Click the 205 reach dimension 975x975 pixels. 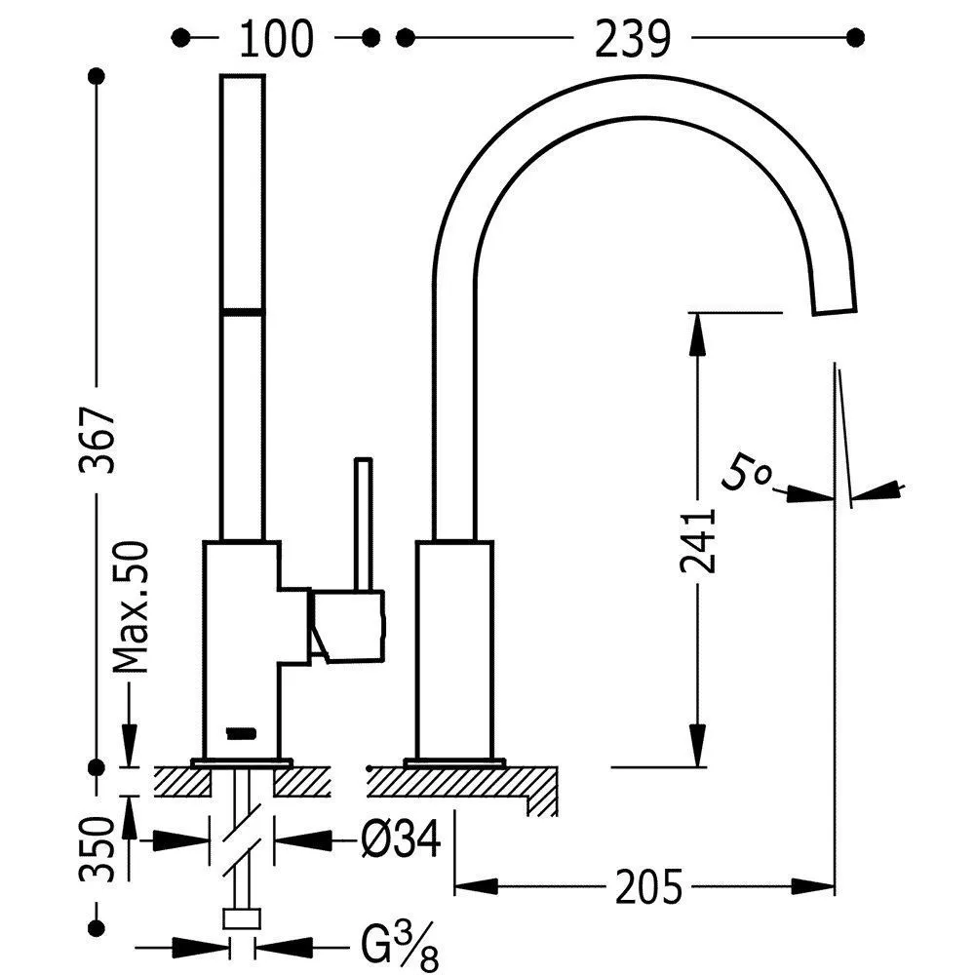pos(647,886)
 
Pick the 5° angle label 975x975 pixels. pos(748,475)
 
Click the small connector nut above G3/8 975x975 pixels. pos(243,917)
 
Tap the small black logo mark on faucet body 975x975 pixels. pos(240,731)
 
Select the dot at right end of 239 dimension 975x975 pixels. pos(856,37)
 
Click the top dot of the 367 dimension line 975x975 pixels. pos(96,75)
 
